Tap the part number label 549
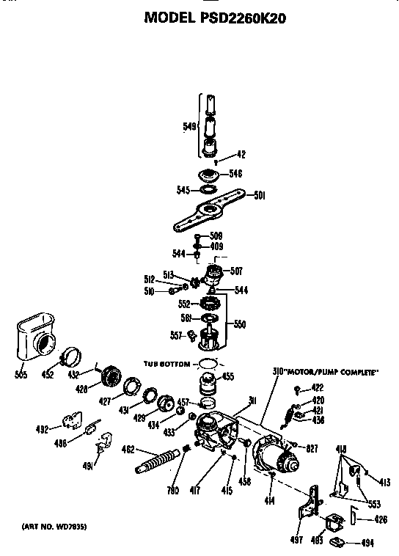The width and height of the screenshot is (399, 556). point(188,127)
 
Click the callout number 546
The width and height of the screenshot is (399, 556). point(235,174)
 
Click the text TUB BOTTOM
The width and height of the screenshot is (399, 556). point(164,364)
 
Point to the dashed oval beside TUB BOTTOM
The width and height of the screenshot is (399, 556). point(208,364)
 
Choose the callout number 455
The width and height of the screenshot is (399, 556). point(228,378)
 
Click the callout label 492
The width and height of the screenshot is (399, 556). point(44,429)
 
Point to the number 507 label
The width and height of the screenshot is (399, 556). point(237,271)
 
